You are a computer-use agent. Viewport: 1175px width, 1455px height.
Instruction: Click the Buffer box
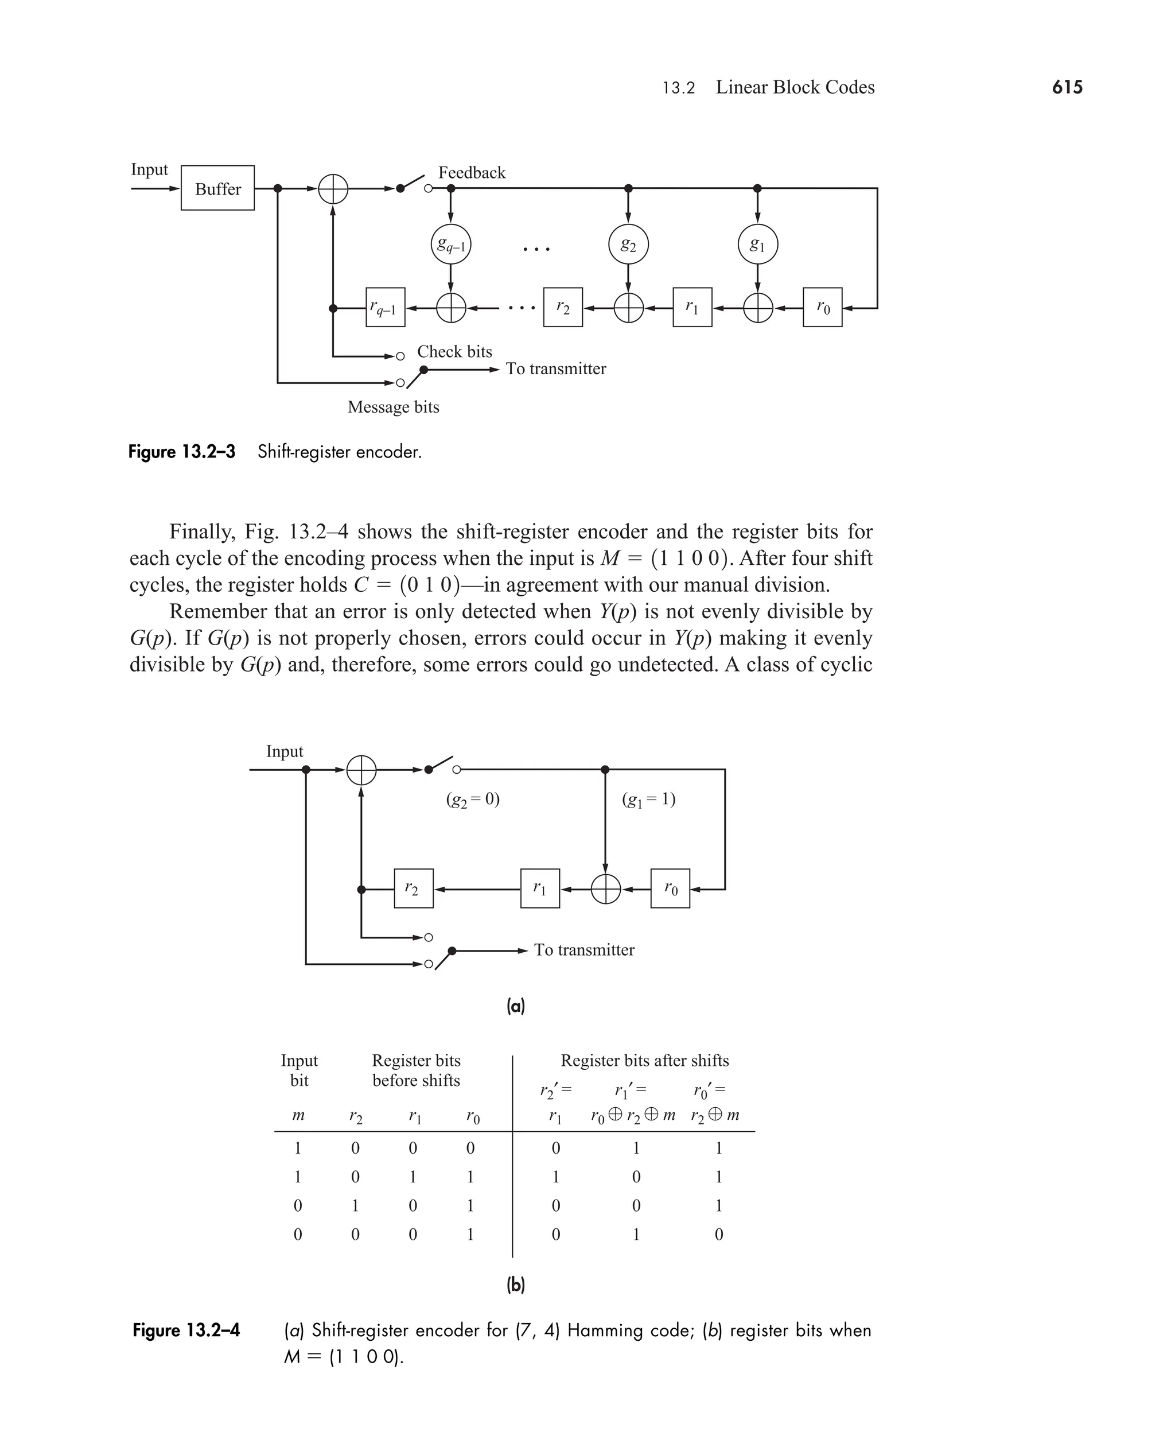217,188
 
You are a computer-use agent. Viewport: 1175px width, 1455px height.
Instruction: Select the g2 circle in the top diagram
628,245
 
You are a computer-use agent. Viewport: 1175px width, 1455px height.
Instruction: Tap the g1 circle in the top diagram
757,245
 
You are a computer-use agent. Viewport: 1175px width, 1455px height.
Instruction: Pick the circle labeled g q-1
451,245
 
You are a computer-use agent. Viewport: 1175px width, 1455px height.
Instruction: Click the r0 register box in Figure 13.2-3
822,308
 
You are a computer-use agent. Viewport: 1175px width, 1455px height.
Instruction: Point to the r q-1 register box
385,308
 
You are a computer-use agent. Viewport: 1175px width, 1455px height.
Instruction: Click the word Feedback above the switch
472,173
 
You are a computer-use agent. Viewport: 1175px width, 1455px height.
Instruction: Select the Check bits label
454,351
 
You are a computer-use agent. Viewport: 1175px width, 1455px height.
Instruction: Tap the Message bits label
393,407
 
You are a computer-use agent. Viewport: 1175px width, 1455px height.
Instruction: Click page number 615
1067,87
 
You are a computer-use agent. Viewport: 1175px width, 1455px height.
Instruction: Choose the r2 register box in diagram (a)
414,888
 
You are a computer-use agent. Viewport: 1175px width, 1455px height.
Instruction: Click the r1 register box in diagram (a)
540,888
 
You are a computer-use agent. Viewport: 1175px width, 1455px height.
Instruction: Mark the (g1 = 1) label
648,800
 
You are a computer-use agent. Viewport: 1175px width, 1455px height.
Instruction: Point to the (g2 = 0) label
472,800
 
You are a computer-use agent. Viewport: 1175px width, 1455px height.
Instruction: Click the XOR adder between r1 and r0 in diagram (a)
606,889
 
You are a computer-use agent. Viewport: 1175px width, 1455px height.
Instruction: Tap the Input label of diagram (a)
284,751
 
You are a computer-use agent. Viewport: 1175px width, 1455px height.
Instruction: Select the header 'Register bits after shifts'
644,1060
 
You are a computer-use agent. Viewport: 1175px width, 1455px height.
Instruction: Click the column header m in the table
298,1115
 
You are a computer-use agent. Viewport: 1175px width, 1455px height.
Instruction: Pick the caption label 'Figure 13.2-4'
186,1330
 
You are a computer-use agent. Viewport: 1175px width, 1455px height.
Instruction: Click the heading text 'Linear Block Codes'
795,87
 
